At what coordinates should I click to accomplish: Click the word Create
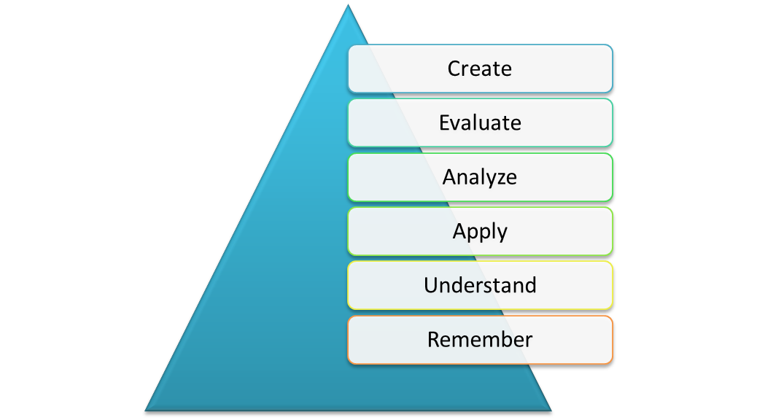480,69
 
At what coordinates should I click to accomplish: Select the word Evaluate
480,122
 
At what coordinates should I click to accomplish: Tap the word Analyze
480,177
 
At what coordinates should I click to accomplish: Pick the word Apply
480,231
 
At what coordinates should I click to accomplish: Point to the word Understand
480,285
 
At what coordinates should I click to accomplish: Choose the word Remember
480,340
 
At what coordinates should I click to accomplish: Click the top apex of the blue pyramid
348,6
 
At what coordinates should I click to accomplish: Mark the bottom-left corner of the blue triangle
146,410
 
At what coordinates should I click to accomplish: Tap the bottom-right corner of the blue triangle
550,410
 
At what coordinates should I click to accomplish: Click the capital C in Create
454,69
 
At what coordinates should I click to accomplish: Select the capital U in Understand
431,285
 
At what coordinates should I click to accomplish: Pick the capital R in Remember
434,340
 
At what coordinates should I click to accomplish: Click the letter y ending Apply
501,233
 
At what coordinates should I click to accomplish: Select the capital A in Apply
459,231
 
